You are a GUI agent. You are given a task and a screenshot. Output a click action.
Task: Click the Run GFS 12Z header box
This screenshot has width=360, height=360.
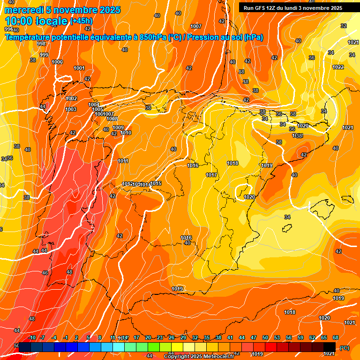pyautogui.click(x=292, y=7)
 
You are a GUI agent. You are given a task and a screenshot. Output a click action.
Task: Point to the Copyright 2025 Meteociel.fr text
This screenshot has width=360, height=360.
pyautogui.click(x=199, y=357)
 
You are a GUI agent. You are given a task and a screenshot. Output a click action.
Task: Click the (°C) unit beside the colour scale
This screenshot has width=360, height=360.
pyautogui.click(x=345, y=348)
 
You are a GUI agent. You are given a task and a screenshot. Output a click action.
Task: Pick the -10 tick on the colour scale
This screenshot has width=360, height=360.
pyautogui.click(x=32, y=338)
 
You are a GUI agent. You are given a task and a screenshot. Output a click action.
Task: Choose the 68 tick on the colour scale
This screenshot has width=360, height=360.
pyautogui.click(x=336, y=338)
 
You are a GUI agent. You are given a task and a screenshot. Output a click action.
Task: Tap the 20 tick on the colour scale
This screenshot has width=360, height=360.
pyautogui.click(x=148, y=338)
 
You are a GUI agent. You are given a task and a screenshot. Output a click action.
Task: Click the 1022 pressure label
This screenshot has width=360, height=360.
pyautogui.click(x=338, y=67)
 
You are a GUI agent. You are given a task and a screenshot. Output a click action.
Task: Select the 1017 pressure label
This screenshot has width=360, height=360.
pyautogui.click(x=211, y=175)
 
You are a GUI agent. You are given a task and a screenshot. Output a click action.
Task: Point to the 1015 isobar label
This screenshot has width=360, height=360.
pyautogui.click(x=156, y=183)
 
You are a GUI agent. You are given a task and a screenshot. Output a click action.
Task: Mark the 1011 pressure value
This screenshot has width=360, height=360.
pyautogui.click(x=123, y=161)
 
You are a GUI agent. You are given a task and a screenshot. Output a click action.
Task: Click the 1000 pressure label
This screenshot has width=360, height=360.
pyautogui.click(x=57, y=62)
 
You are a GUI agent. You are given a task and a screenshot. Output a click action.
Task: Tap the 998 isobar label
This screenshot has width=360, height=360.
pyautogui.click(x=41, y=44)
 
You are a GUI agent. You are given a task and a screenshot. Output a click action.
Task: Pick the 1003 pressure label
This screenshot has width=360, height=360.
pyautogui.click(x=71, y=109)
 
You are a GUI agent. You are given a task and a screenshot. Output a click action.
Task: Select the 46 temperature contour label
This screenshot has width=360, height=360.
pyautogui.click(x=45, y=272)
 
